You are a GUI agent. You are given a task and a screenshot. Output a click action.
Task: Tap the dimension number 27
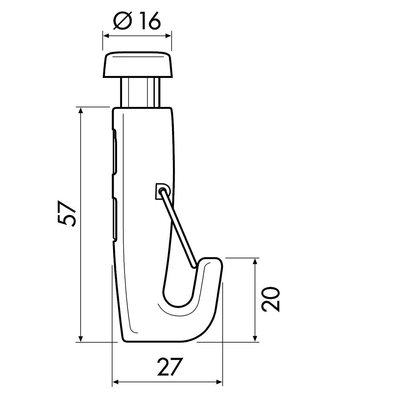pos(170,367)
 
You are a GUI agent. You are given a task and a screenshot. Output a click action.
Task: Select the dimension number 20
pos(271,299)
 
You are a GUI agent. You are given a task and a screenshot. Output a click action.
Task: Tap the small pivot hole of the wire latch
pos(162,190)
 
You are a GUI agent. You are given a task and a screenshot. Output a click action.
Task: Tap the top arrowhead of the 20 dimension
pos(255,261)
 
